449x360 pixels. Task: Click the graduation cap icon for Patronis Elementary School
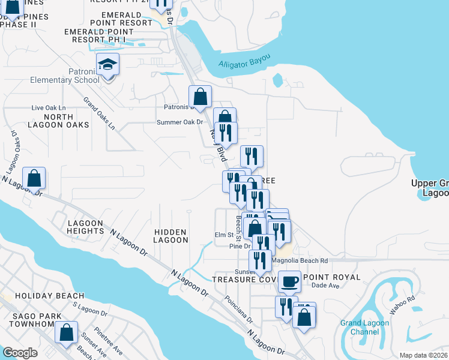[108, 64]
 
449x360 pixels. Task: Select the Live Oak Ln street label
[48, 108]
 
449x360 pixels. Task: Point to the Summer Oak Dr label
[180, 122]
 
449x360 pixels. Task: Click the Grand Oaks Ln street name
[99, 113]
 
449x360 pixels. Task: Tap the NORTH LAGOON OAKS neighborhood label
[58, 121]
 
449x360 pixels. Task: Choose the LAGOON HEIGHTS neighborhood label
[86, 227]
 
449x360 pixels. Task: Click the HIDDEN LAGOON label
[171, 236]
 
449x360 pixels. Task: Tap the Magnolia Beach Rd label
[300, 260]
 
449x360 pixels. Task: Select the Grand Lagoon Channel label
[364, 327]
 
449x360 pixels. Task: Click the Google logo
[20, 352]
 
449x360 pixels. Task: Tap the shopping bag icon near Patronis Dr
[200, 96]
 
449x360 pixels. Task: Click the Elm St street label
[224, 235]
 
